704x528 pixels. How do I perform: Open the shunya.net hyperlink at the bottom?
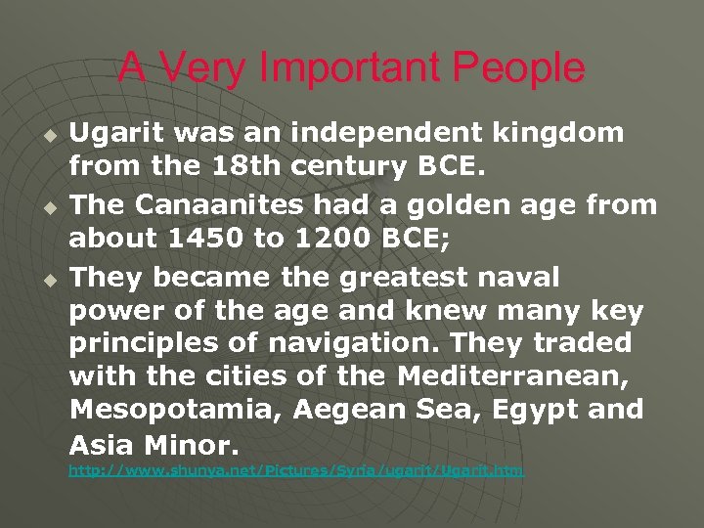pos(295,471)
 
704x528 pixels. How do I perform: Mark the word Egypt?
pos(527,410)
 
